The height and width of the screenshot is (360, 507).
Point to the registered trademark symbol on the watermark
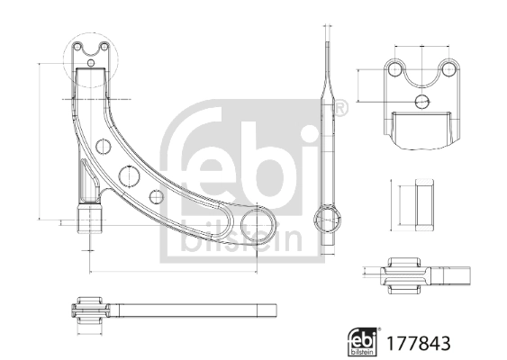tap(340, 108)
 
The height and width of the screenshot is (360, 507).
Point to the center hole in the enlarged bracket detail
tap(421, 101)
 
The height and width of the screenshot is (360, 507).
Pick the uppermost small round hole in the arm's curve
tap(101, 144)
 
